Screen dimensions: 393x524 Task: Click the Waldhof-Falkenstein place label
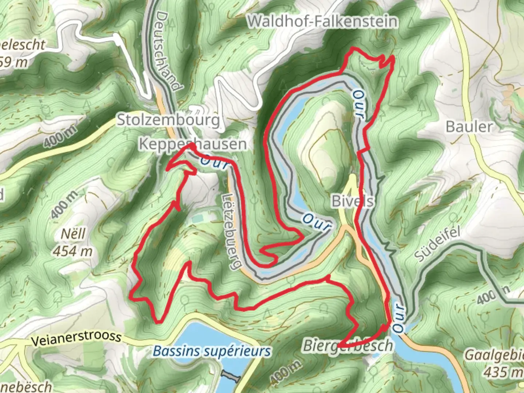[x=322, y=21]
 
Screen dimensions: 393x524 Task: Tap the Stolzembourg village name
[x=168, y=120]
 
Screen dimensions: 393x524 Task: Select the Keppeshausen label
[x=193, y=144]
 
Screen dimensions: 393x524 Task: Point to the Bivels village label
[x=353, y=201]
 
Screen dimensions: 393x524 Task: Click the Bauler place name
[x=469, y=127]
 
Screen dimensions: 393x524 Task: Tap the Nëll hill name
[x=73, y=234]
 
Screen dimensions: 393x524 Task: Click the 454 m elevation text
[x=73, y=251]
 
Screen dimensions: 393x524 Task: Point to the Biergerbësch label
[x=348, y=345]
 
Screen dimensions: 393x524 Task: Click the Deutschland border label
[x=168, y=50]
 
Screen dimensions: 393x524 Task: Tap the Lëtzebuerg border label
[x=231, y=231]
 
